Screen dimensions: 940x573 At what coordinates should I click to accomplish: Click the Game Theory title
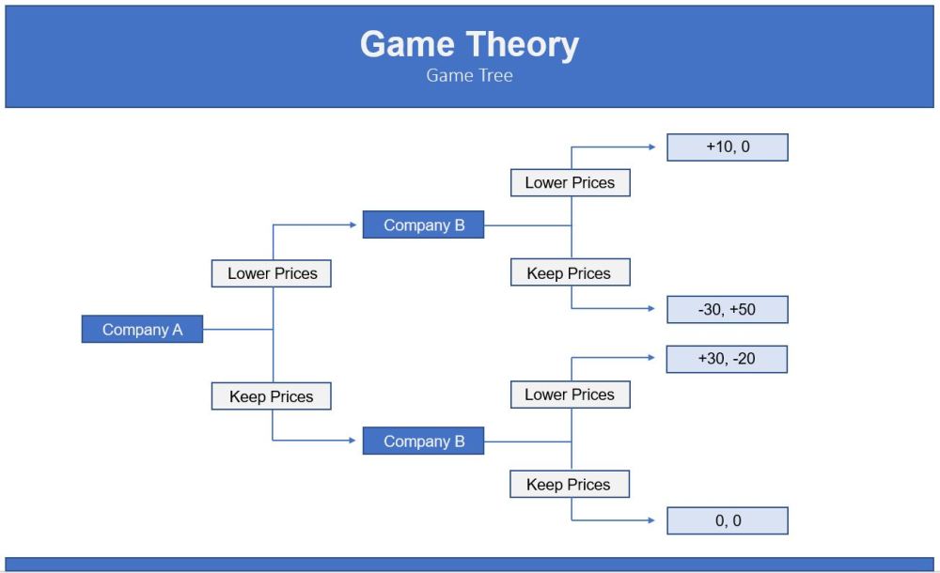(x=469, y=45)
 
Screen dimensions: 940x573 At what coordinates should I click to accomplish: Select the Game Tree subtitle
(x=469, y=75)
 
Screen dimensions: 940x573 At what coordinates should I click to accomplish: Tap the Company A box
(x=142, y=329)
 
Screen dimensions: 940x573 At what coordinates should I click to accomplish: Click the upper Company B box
(x=423, y=225)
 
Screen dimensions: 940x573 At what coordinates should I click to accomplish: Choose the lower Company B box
(x=423, y=441)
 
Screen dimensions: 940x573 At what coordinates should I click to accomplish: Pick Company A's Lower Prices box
(x=272, y=273)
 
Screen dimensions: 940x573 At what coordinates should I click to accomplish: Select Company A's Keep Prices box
(x=272, y=396)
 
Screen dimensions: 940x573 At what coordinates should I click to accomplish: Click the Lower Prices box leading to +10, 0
(x=571, y=183)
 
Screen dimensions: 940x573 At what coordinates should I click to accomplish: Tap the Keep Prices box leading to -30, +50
(x=571, y=272)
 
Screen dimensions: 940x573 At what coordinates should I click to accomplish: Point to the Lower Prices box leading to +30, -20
(x=571, y=395)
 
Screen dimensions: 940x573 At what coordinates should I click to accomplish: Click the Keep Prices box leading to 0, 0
(x=570, y=485)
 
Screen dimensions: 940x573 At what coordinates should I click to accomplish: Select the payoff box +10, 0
(x=728, y=147)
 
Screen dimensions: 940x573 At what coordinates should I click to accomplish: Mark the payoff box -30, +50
(x=728, y=310)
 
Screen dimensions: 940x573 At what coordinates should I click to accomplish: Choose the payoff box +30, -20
(x=728, y=359)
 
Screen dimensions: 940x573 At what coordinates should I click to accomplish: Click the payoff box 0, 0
(x=728, y=520)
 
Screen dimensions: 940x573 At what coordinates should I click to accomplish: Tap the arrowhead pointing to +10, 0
(x=652, y=147)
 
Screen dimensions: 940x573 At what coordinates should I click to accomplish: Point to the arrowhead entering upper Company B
(x=353, y=225)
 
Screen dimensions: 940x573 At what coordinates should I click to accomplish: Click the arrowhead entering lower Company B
(x=352, y=441)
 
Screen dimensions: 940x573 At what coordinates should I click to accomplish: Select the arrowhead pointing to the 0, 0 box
(x=651, y=520)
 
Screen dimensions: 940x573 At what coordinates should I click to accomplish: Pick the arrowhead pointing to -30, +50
(x=651, y=309)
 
